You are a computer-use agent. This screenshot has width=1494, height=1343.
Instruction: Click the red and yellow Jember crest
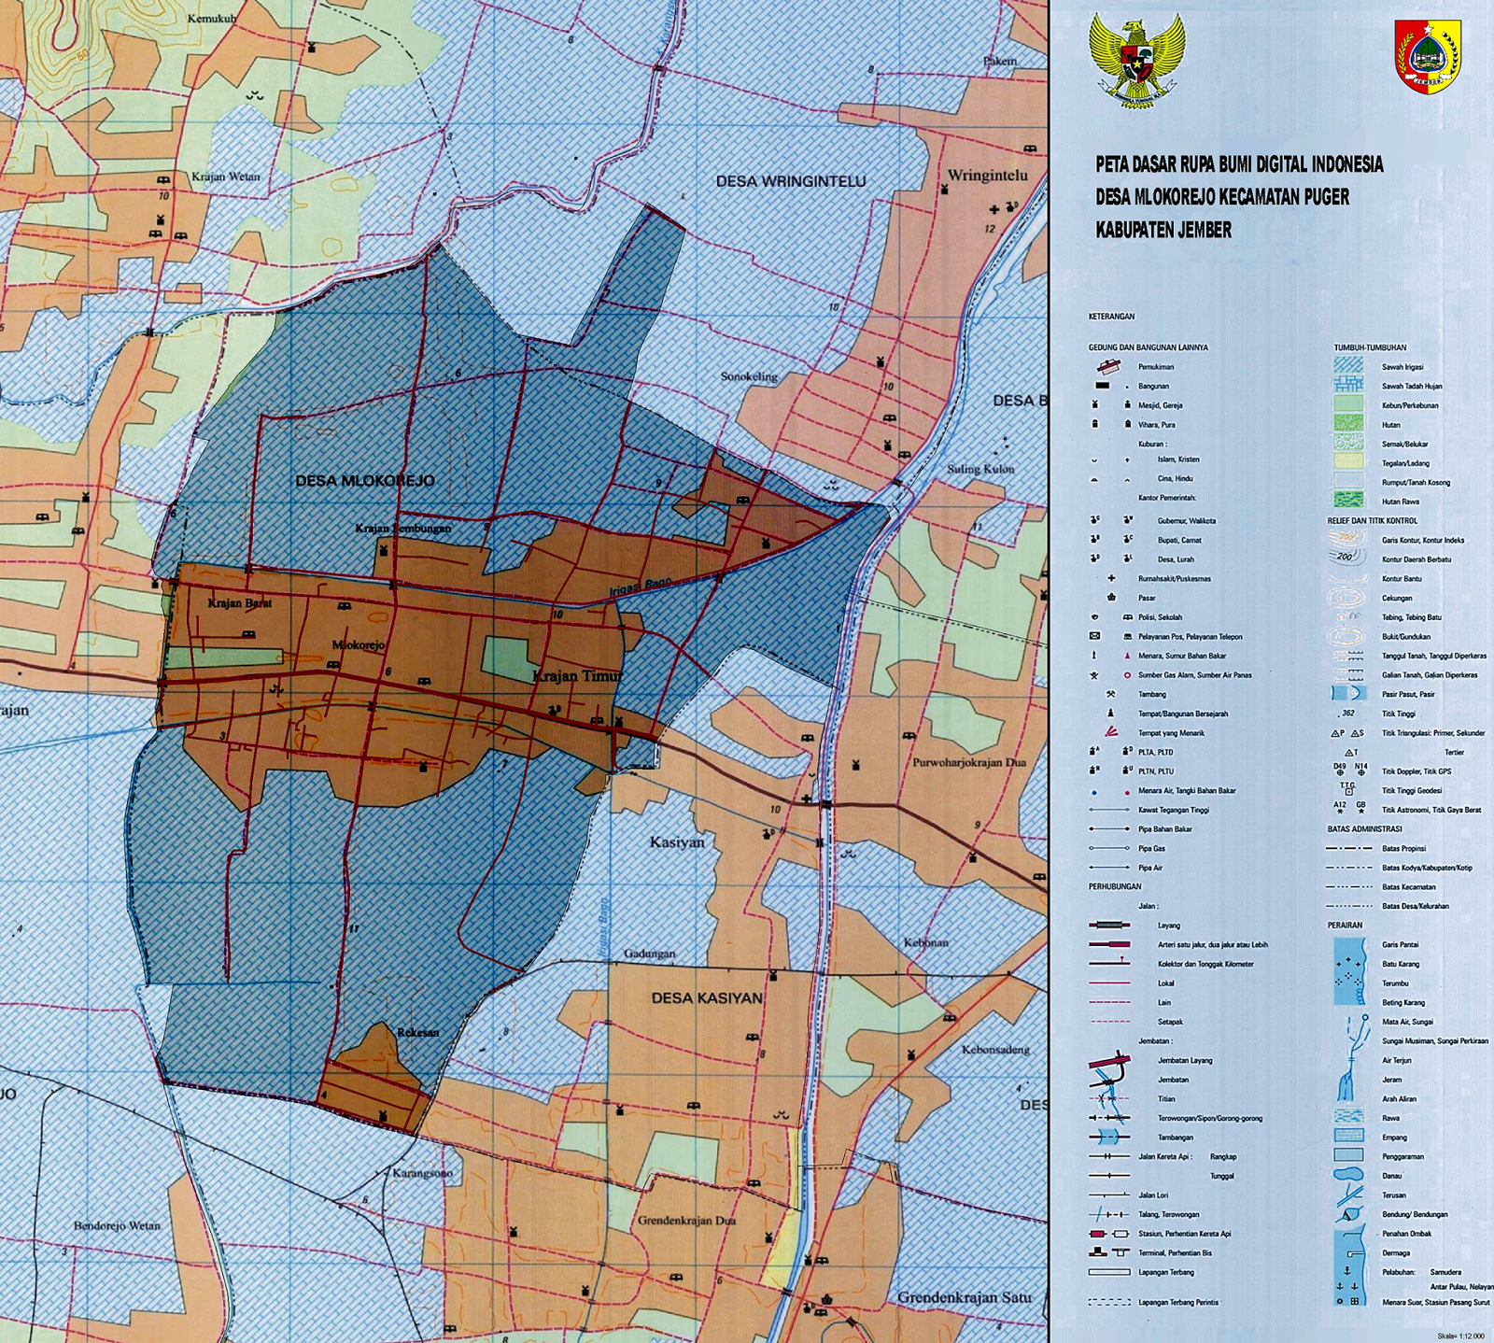pyautogui.click(x=1428, y=56)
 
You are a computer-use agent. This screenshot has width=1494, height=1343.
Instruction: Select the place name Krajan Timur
pyautogui.click(x=576, y=676)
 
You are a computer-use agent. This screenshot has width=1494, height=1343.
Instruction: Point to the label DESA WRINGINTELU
pyautogui.click(x=791, y=181)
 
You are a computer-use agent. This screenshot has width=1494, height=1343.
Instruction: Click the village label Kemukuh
pyautogui.click(x=212, y=18)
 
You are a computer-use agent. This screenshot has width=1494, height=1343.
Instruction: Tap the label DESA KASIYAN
pyautogui.click(x=706, y=997)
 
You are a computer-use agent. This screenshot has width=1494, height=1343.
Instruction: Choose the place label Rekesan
pyautogui.click(x=417, y=1032)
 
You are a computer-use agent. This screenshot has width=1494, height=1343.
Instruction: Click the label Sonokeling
pyautogui.click(x=749, y=376)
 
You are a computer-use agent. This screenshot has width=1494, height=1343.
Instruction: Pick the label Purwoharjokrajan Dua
pyautogui.click(x=968, y=762)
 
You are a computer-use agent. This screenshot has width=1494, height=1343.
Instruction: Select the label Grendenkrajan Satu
pyautogui.click(x=964, y=1297)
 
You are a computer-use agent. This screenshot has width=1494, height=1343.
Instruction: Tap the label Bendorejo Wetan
pyautogui.click(x=117, y=1225)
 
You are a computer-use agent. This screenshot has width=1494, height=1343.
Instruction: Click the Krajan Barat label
pyautogui.click(x=239, y=603)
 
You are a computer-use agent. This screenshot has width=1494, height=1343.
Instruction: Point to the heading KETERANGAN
pyautogui.click(x=1111, y=317)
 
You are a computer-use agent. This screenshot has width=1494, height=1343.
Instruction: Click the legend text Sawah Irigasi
pyautogui.click(x=1402, y=367)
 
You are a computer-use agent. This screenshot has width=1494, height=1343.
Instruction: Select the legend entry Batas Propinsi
pyautogui.click(x=1404, y=848)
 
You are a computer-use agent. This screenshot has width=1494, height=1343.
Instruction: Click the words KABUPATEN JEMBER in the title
pyautogui.click(x=1163, y=230)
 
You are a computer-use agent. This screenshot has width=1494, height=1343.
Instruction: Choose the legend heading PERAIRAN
pyautogui.click(x=1345, y=925)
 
